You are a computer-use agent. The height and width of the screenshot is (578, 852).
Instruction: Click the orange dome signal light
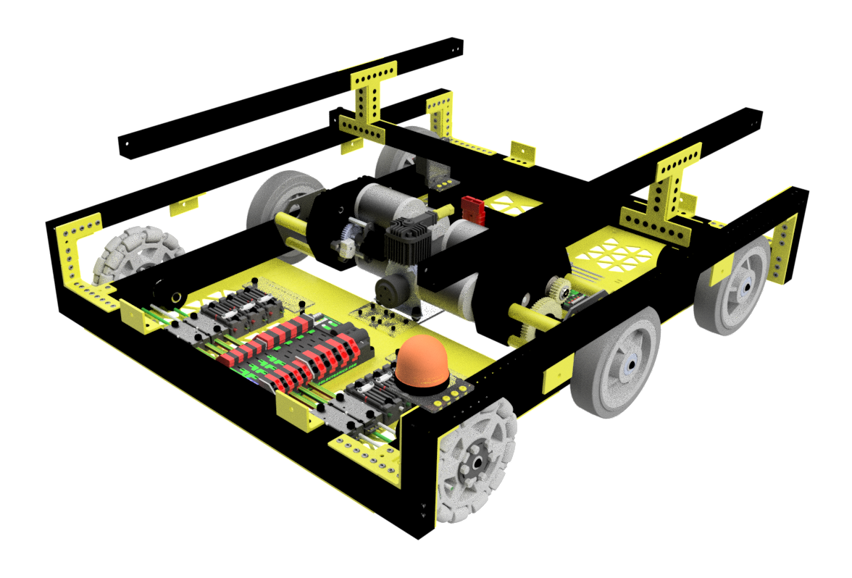(421, 361)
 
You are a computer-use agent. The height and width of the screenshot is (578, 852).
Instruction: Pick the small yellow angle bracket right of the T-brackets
(521, 154)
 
